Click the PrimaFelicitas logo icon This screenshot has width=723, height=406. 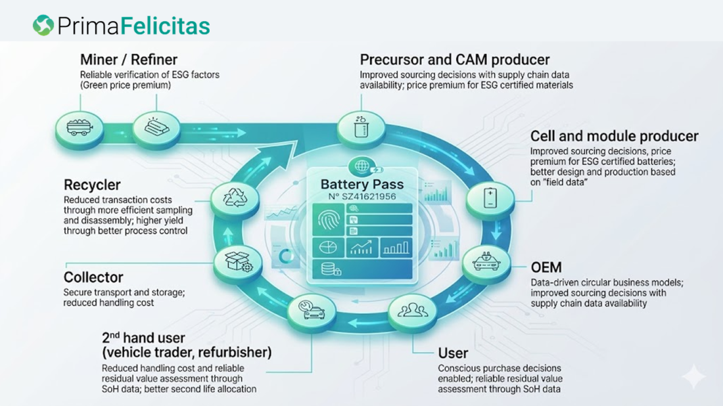(43, 25)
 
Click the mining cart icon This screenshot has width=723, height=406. (79, 127)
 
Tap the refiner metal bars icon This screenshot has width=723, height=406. (156, 126)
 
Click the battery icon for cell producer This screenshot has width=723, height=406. (490, 198)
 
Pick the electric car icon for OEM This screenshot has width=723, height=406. (486, 261)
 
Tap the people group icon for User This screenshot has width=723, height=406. (412, 310)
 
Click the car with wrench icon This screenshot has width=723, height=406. (312, 309)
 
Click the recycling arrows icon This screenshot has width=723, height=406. (235, 198)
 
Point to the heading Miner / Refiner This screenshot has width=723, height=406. (129, 59)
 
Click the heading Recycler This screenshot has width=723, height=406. (92, 185)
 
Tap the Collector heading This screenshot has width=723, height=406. (93, 277)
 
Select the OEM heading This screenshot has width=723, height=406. (546, 267)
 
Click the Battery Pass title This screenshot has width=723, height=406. (362, 185)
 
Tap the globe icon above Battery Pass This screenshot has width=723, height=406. (361, 166)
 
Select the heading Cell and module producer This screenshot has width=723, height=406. (614, 136)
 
